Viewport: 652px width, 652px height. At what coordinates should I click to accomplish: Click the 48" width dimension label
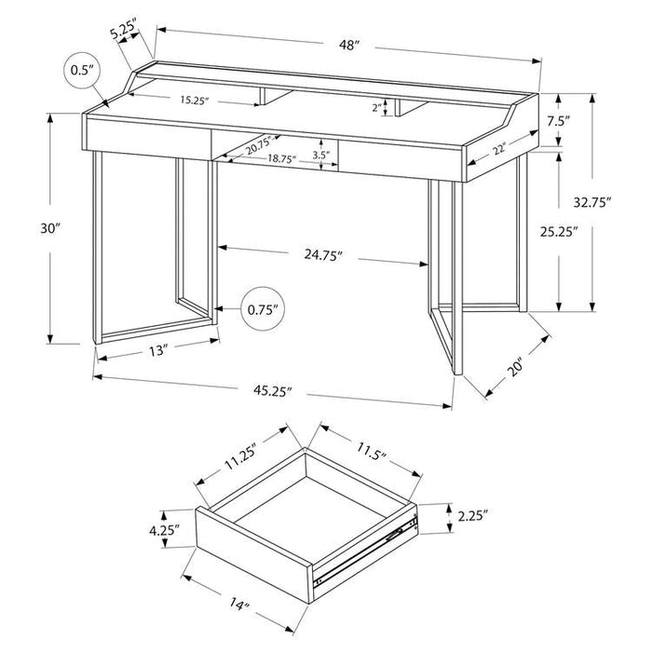pos(348,45)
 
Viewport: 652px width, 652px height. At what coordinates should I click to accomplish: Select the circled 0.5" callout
pos(84,70)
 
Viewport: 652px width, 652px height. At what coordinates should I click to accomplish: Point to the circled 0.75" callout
pos(263,309)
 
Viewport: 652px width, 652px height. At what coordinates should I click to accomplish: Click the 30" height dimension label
pos(50,228)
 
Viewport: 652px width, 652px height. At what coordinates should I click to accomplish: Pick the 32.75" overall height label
pos(592,202)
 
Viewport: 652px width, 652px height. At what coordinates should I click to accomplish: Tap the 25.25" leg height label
pos(559,232)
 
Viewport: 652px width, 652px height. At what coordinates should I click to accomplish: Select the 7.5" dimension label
pos(558,121)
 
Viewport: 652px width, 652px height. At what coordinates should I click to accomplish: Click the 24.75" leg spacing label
pos(322,255)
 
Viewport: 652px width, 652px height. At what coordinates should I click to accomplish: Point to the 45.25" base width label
pos(272,391)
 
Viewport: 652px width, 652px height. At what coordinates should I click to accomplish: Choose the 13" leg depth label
pos(158,351)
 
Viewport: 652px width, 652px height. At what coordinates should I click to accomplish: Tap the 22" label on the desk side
pos(499,148)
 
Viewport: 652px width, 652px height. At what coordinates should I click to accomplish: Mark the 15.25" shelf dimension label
pos(194,101)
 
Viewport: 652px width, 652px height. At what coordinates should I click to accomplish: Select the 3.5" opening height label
pos(321,156)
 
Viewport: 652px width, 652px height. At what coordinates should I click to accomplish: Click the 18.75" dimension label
pos(281,158)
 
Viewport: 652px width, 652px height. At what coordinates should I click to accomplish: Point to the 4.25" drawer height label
pos(164,530)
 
